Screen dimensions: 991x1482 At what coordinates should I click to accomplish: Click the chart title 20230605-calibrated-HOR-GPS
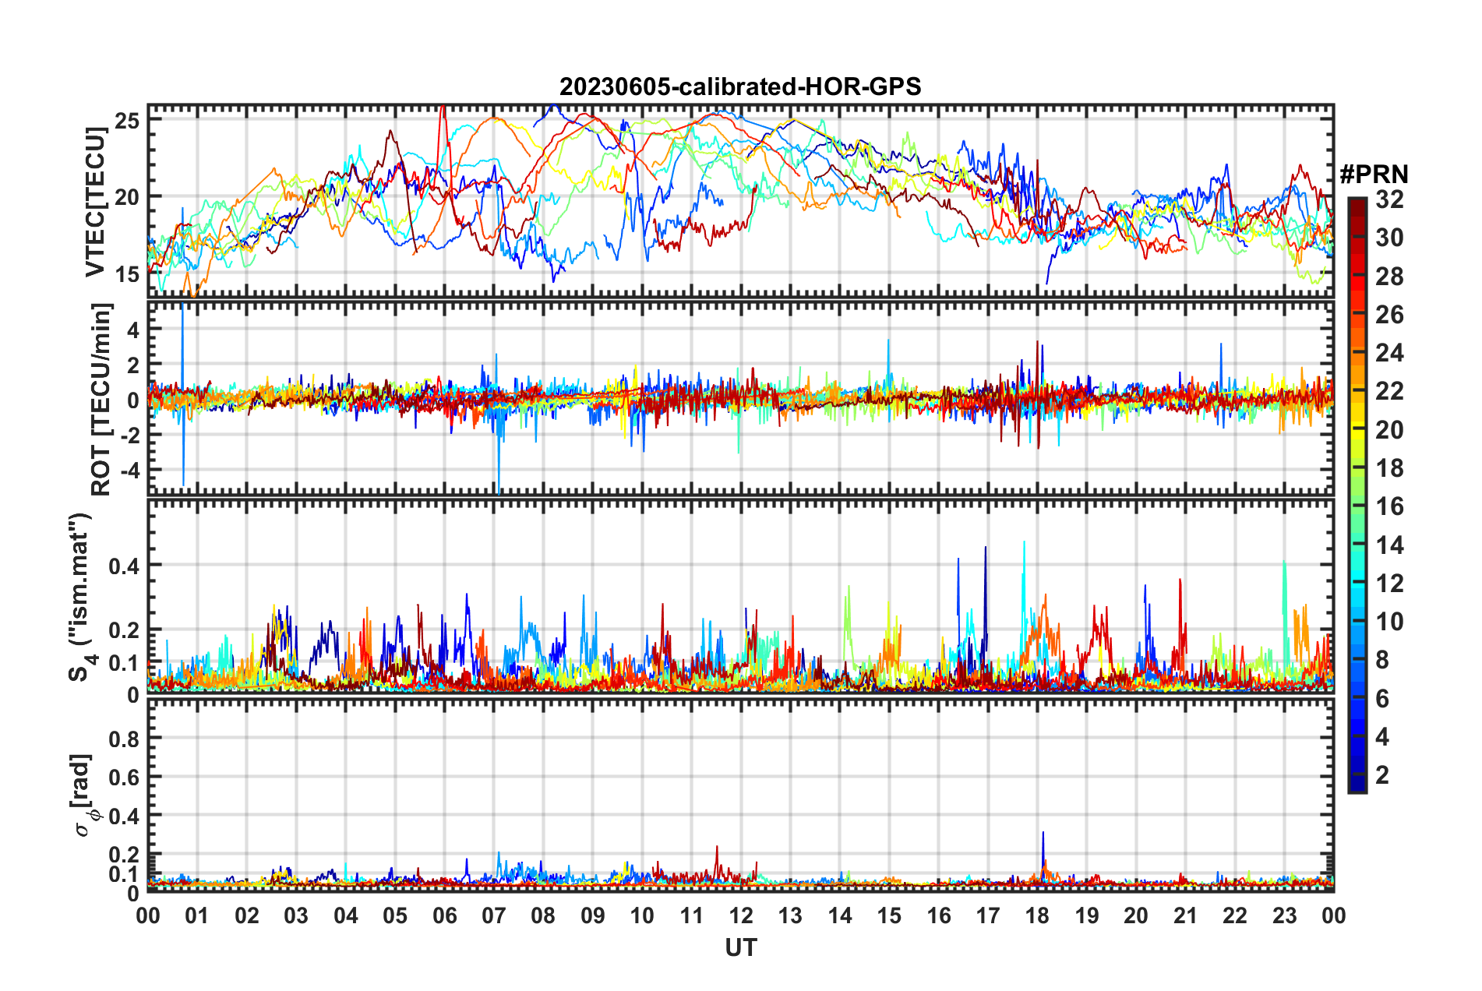coord(740,86)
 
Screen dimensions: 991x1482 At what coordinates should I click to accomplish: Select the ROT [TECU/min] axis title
coord(101,400)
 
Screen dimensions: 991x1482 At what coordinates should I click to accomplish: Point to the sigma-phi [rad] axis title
coord(84,795)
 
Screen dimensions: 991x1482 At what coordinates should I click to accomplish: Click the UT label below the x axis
coord(740,947)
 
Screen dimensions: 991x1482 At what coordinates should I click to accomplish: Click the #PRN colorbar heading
coord(1374,175)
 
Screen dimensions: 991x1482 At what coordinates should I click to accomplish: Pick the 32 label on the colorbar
coord(1389,199)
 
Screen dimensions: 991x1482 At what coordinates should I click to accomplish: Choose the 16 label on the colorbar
coord(1389,506)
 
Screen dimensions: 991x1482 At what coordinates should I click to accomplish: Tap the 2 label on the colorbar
coord(1382,775)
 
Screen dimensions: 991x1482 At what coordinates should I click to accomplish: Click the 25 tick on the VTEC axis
coord(127,121)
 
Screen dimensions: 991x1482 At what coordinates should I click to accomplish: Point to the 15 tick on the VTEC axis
coord(127,273)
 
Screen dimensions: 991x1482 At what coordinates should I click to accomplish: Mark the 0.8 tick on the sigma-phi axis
coord(125,738)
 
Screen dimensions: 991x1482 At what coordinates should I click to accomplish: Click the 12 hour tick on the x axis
coord(741,915)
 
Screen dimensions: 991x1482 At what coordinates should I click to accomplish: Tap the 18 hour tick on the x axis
coord(1037,915)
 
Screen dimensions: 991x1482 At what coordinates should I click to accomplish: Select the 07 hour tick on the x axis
coord(494,915)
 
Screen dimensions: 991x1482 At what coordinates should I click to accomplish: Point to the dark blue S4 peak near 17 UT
coord(985,548)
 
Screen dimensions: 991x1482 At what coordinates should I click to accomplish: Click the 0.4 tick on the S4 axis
coord(125,565)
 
